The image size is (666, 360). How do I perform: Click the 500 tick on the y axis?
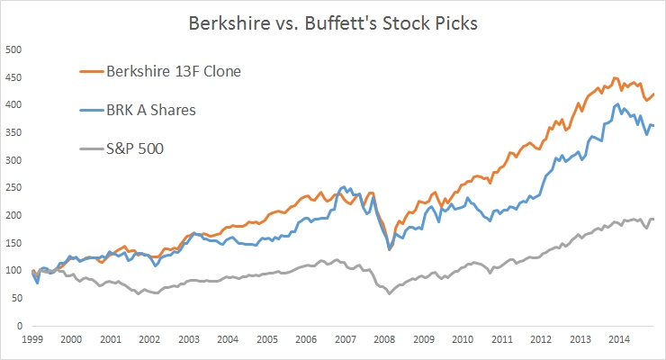pyautogui.click(x=13, y=49)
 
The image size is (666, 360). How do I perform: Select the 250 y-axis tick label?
pyautogui.click(x=13, y=187)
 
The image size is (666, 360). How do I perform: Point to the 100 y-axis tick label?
pyautogui.click(x=13, y=270)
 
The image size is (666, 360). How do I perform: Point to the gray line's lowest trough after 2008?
pyautogui.click(x=389, y=293)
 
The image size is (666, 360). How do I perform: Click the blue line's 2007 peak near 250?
pyautogui.click(x=344, y=187)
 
